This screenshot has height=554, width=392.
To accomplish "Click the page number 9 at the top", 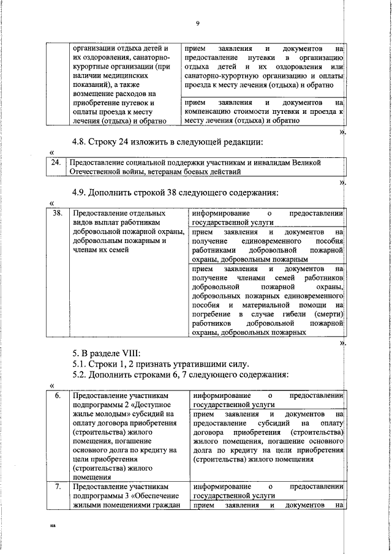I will [x=197, y=23].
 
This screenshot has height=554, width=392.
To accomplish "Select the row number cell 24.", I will [x=56, y=163].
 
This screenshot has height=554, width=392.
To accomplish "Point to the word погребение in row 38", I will [x=211, y=313].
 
